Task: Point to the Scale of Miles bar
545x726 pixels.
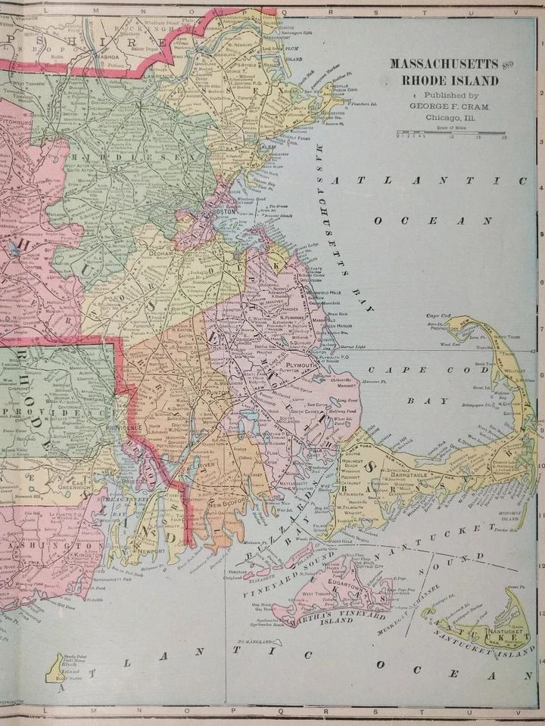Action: (x=452, y=133)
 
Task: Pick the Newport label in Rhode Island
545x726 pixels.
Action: (x=154, y=551)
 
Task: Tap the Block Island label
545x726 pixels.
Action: (x=72, y=675)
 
